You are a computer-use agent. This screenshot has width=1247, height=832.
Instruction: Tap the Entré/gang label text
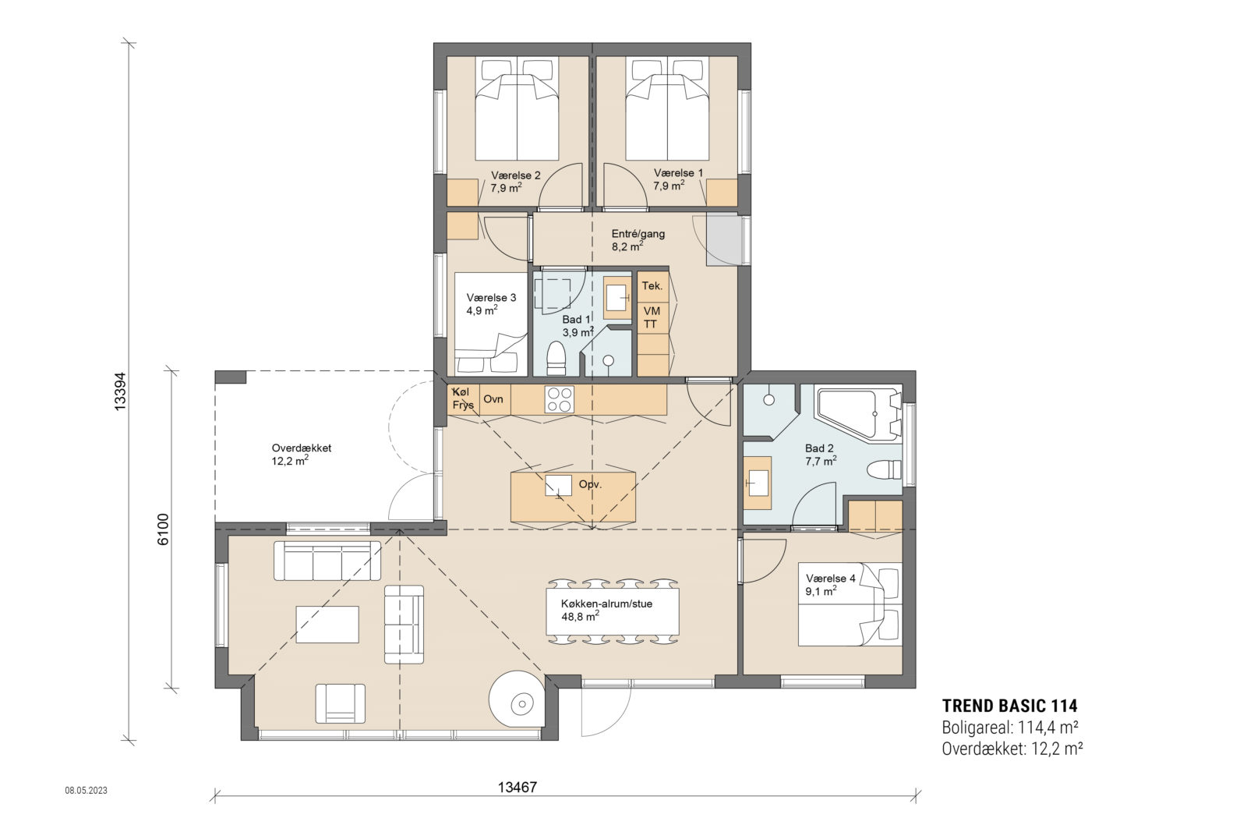click(638, 234)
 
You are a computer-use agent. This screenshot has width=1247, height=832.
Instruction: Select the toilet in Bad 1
click(556, 359)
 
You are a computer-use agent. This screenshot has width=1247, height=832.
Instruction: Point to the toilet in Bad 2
click(886, 470)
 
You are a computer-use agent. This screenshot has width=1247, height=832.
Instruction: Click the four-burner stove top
click(560, 399)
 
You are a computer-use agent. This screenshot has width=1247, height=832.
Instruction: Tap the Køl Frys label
click(463, 398)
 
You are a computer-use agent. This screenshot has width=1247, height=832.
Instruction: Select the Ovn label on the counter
click(493, 399)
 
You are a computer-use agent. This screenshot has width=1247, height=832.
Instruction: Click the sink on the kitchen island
click(558, 485)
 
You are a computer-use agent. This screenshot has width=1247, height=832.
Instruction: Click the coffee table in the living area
click(327, 624)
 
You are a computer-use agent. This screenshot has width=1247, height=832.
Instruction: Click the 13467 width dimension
click(517, 787)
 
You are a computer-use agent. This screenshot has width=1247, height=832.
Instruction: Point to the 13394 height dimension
click(120, 390)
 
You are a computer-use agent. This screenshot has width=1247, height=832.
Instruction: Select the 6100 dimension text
click(163, 530)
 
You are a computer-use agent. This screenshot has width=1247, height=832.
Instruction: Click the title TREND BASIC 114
click(1009, 706)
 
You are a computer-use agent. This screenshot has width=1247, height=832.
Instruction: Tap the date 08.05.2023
click(86, 791)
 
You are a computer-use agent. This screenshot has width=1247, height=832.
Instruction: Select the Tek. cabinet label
click(652, 286)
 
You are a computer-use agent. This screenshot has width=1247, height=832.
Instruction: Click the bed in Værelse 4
click(850, 605)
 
